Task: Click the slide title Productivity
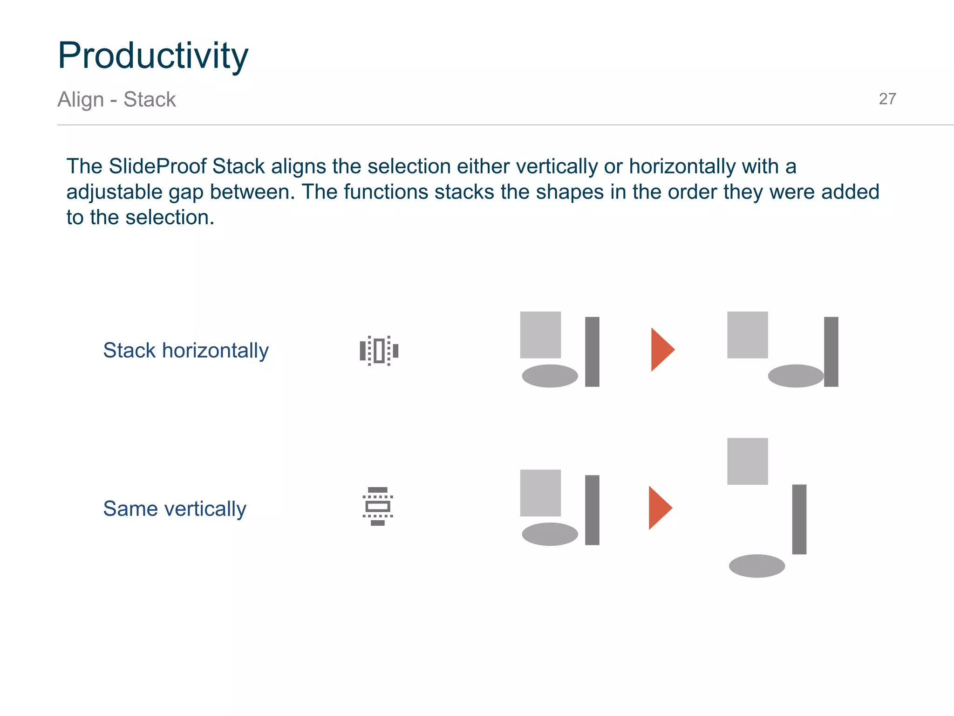tap(153, 56)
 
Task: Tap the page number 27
tap(887, 99)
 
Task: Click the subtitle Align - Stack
tap(116, 99)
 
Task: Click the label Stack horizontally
tap(185, 351)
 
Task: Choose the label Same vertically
tap(174, 509)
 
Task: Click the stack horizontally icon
tap(379, 351)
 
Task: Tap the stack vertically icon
tap(378, 506)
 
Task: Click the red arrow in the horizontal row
tap(661, 350)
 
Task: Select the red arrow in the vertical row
tap(659, 508)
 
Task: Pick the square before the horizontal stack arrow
tap(540, 335)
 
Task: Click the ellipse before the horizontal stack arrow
tap(550, 376)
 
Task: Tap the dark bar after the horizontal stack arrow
tap(831, 351)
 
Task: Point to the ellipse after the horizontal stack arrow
tap(796, 376)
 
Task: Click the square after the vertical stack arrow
tap(747, 461)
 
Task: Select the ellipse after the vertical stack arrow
tap(756, 566)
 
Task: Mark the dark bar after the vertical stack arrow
tap(799, 519)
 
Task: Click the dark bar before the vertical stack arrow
tap(592, 510)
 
